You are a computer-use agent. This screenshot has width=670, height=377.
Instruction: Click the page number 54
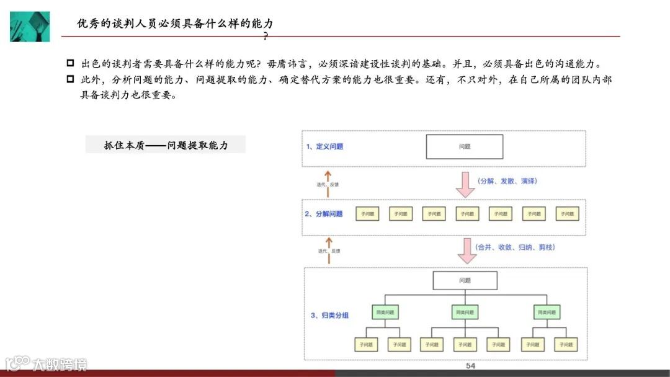[470, 366]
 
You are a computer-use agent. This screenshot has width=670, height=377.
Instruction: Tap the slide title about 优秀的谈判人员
[174, 24]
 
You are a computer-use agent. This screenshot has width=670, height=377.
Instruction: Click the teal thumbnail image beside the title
[29, 27]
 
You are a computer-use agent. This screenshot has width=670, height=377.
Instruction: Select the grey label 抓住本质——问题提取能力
[166, 145]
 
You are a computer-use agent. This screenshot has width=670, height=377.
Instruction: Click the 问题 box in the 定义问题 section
[464, 147]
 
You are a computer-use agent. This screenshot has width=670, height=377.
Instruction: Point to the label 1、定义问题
[324, 147]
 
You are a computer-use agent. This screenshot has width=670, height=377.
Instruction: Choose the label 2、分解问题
[324, 214]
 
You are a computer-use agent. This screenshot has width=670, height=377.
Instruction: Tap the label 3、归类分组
[329, 316]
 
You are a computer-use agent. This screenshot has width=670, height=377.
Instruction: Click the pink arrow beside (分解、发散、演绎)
[465, 184]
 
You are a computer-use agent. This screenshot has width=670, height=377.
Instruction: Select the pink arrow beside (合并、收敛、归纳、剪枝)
[465, 249]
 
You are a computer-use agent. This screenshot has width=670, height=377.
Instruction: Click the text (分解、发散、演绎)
[507, 181]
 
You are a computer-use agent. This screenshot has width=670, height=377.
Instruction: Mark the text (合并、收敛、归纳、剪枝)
[516, 247]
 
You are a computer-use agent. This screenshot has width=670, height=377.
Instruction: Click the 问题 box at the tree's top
[465, 281]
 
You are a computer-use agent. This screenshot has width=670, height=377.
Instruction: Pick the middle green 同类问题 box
[465, 312]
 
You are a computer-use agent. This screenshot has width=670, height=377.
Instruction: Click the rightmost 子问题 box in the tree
[565, 344]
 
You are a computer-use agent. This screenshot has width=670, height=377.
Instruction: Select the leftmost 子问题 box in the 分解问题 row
[367, 214]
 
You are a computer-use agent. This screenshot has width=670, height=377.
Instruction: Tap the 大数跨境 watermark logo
[46, 364]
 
